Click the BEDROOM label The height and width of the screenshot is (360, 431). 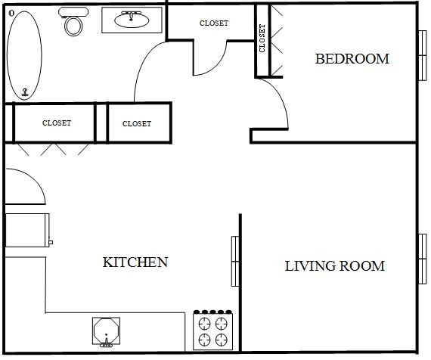(x=352, y=59)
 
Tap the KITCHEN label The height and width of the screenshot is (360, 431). (x=135, y=262)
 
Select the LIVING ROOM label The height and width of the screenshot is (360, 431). (x=334, y=266)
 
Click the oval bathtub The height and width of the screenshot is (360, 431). (x=24, y=55)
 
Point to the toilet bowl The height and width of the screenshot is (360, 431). (x=73, y=26)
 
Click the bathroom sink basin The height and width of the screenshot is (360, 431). (x=132, y=20)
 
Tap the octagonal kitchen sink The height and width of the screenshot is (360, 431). (x=106, y=331)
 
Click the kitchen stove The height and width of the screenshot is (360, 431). (x=213, y=331)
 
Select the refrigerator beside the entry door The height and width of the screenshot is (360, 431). (x=27, y=230)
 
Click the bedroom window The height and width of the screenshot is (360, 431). (x=423, y=55)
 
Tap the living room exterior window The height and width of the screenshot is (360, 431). (x=423, y=259)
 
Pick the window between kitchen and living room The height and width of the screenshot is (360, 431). (x=235, y=261)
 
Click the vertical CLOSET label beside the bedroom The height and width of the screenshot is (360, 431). (x=262, y=39)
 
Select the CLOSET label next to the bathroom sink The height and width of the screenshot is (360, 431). (x=214, y=23)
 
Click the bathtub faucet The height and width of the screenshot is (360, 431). (x=25, y=92)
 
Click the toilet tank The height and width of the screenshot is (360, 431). (x=73, y=12)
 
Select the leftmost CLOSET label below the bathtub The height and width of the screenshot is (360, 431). (x=57, y=123)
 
